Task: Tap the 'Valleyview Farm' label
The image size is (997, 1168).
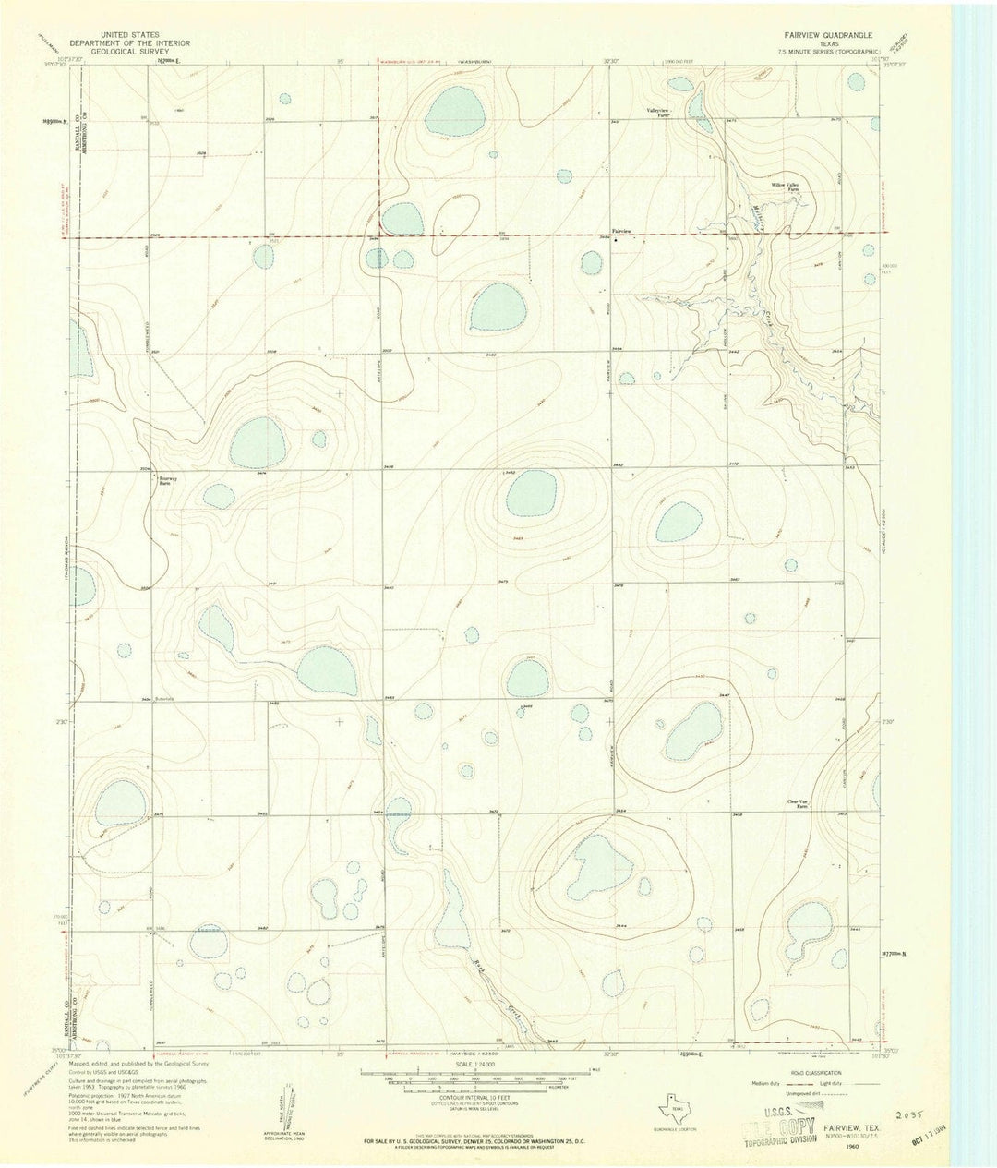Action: pos(657,113)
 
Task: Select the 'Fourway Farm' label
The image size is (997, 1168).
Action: pos(169,479)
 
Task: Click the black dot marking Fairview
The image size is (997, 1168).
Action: pos(617,239)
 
